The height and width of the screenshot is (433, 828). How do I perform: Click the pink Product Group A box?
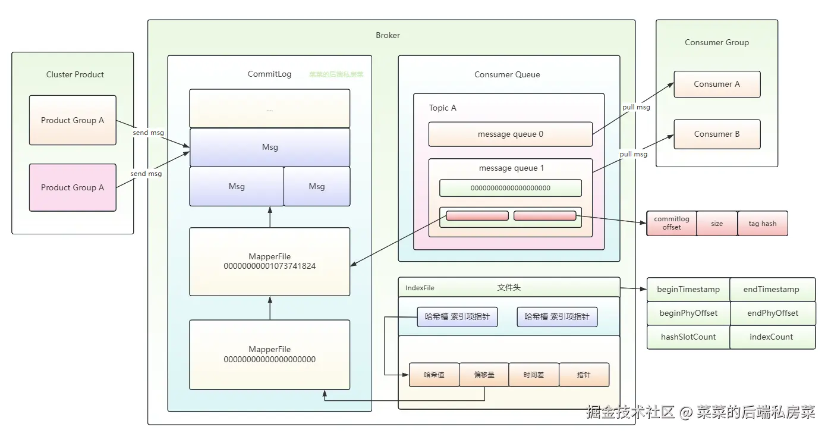[x=73, y=187]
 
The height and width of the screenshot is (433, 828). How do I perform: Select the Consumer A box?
[x=717, y=84]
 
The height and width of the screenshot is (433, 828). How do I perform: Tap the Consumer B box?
[x=717, y=134]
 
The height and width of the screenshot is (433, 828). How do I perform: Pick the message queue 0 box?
[x=510, y=134]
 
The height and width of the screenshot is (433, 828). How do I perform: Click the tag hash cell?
[x=762, y=224]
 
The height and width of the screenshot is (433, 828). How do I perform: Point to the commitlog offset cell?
[x=672, y=224]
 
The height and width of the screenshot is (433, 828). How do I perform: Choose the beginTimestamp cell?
[x=688, y=290]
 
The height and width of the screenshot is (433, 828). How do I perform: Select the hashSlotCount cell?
[x=688, y=337]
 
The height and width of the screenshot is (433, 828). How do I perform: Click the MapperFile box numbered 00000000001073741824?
[x=269, y=262]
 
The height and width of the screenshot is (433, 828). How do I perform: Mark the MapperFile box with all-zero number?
[x=269, y=354]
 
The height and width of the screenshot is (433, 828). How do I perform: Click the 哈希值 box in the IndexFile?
[x=434, y=375]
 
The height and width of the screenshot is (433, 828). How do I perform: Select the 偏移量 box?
[x=484, y=375]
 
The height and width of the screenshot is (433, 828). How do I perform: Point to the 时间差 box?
[x=534, y=375]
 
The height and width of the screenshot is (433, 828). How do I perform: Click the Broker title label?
[x=388, y=36]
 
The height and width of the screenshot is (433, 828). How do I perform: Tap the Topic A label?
[x=443, y=108]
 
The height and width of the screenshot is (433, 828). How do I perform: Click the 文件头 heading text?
[x=509, y=288]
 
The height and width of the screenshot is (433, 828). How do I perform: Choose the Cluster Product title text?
[x=75, y=75]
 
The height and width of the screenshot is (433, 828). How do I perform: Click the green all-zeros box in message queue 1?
[x=510, y=188]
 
